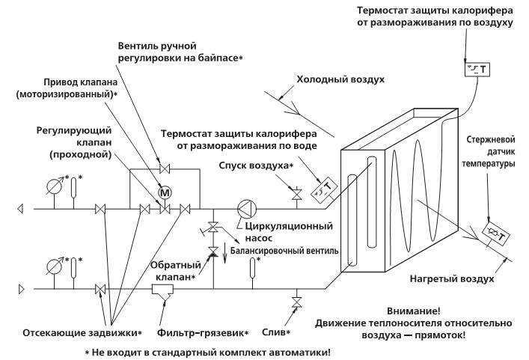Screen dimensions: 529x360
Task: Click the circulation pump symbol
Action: coord(247,209)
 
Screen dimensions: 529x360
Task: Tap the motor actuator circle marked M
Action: coord(165,192)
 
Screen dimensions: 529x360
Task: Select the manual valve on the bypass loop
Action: coord(165,168)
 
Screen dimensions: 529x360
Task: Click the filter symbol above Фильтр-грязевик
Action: coord(162,291)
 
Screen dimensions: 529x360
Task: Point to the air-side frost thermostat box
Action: coord(477,70)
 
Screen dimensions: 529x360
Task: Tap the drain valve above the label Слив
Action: coord(297,302)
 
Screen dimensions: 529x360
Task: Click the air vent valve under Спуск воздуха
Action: coord(297,194)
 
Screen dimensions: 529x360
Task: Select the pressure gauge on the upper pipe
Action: coord(55,186)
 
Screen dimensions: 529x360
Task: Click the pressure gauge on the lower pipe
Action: coord(55,267)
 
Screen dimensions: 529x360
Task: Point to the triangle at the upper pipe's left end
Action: coord(20,209)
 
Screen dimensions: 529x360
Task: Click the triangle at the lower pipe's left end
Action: coord(21,289)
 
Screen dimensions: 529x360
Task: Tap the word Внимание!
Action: coord(414,311)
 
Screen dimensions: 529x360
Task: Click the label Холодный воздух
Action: coord(340,79)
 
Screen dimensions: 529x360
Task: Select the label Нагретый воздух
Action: coord(452,279)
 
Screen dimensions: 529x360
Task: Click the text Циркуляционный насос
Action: coord(289,232)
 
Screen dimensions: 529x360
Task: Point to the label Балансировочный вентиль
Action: coord(284,251)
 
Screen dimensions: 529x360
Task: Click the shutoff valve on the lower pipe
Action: coord(100,289)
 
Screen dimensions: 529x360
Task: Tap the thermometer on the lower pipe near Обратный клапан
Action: coord(252,266)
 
